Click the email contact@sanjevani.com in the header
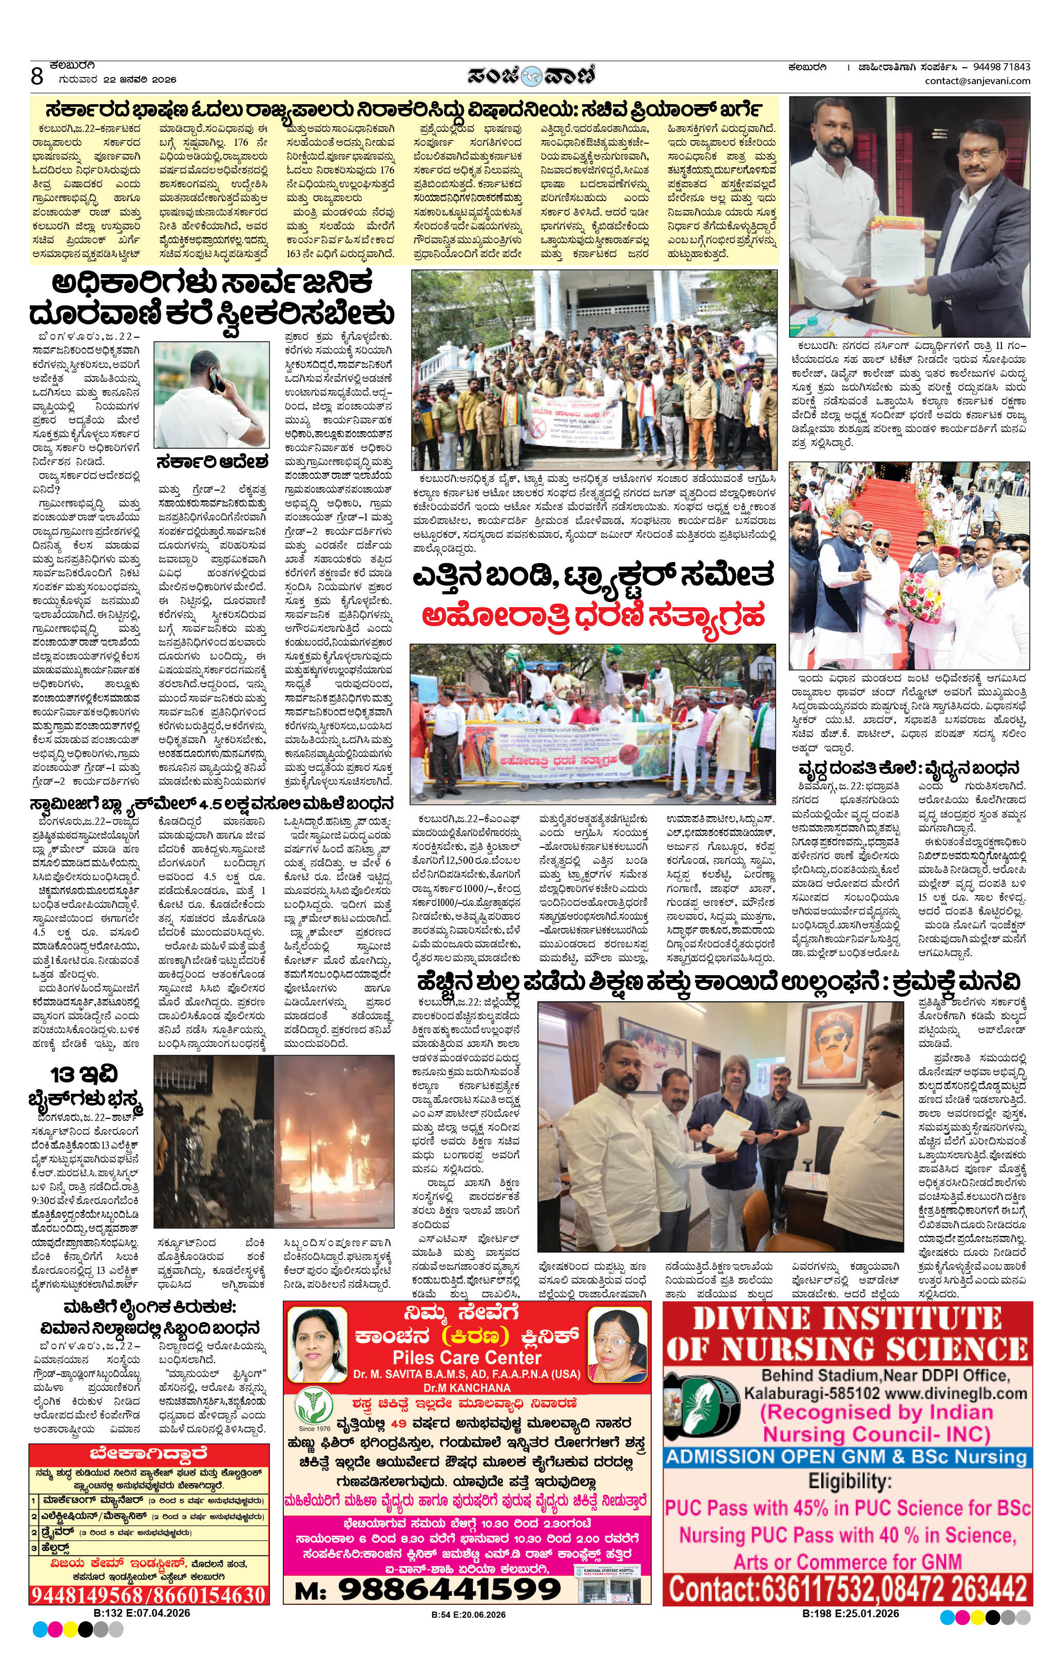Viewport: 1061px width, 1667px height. [x=977, y=81]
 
